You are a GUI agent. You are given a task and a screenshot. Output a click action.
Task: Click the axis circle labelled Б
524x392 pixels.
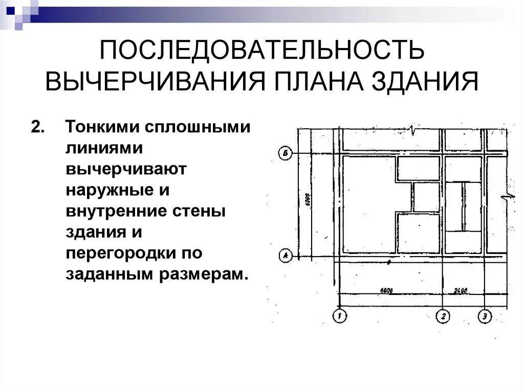tap(285, 152)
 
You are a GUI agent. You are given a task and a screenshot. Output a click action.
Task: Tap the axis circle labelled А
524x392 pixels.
tap(285, 254)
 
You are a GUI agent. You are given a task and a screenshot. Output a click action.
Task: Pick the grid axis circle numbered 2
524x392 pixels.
tap(444, 316)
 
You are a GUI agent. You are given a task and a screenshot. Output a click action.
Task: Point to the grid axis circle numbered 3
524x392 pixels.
tap(485, 316)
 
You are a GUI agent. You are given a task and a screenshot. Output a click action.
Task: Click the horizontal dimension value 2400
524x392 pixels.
tap(461, 290)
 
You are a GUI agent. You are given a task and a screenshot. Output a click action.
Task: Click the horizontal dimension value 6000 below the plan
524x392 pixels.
tap(387, 290)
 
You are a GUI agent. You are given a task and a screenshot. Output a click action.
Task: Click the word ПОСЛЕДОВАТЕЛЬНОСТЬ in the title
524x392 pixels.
tap(261, 51)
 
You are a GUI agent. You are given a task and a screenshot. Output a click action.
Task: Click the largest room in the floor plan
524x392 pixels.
tap(368, 204)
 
